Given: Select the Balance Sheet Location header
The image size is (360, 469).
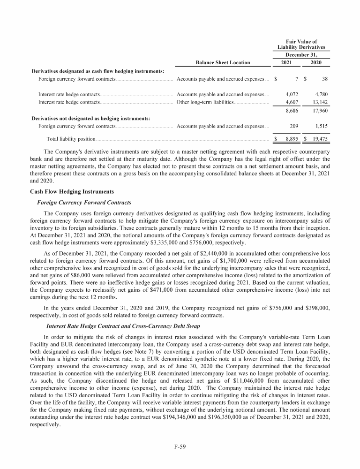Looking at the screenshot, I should pos(223,62).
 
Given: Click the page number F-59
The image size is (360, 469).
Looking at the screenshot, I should pos(180,446).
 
